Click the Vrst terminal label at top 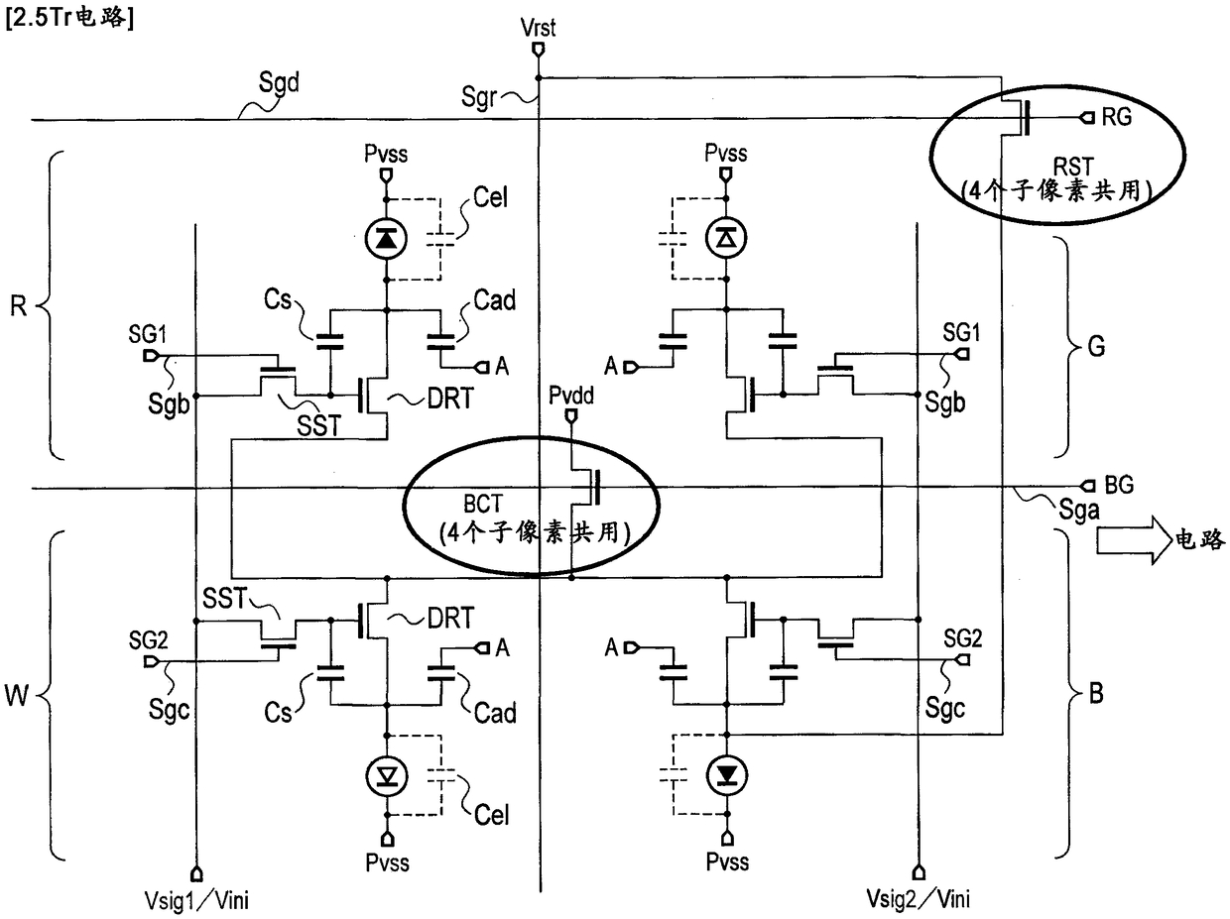click(x=538, y=28)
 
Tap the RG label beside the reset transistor click(x=1116, y=117)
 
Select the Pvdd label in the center click(x=571, y=396)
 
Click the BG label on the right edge click(x=1119, y=485)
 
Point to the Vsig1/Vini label click(x=196, y=900)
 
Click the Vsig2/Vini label click(x=918, y=899)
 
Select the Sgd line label click(x=279, y=83)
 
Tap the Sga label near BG click(x=1078, y=511)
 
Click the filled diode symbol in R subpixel click(x=386, y=239)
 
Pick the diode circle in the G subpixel click(x=727, y=238)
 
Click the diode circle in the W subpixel click(x=386, y=775)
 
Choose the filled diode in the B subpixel click(x=727, y=774)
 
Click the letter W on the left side click(x=16, y=696)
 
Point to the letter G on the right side click(x=1096, y=346)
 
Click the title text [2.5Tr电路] click(x=70, y=18)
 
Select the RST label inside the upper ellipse click(x=1073, y=167)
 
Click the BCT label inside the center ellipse click(x=483, y=504)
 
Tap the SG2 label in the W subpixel click(x=148, y=639)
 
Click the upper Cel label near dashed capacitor click(x=490, y=197)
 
